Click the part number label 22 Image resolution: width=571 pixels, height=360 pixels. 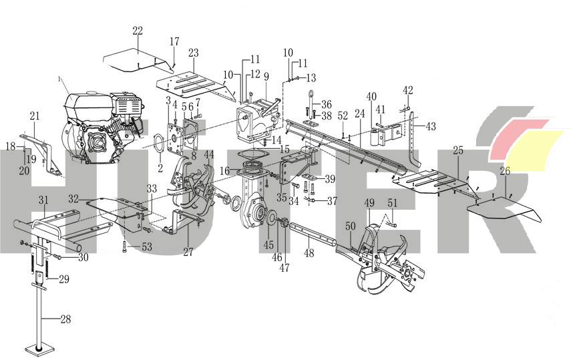[x=138, y=31]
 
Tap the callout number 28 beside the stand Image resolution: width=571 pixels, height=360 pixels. [x=65, y=319]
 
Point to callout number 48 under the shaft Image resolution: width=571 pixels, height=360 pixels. [x=309, y=253]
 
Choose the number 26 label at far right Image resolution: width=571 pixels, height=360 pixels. [x=505, y=172]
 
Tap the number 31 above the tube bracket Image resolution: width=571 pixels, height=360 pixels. [x=43, y=200]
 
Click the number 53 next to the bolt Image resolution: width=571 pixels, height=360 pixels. [x=146, y=247]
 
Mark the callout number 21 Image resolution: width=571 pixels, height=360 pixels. [x=35, y=116]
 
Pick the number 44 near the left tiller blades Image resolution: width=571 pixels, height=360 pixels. [x=209, y=155]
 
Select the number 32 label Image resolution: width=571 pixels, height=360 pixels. [x=73, y=198]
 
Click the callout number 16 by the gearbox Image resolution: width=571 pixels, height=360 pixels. [x=224, y=172]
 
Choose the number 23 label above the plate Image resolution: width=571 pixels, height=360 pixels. [x=194, y=53]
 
